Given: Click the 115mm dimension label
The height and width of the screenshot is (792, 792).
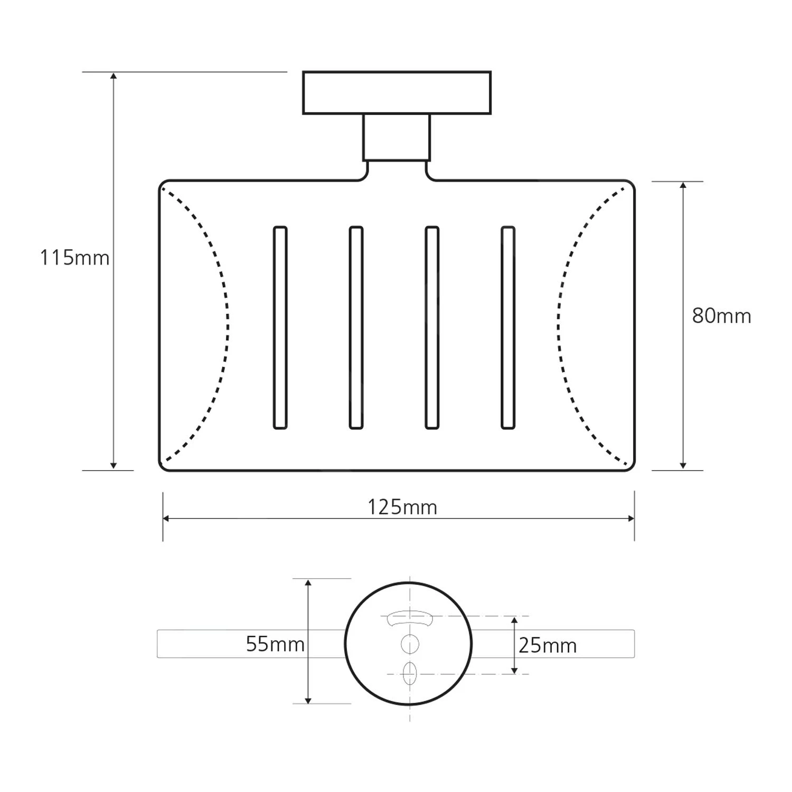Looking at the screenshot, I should pyautogui.click(x=74, y=258).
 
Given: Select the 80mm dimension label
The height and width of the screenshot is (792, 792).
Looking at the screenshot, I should pyautogui.click(x=721, y=316).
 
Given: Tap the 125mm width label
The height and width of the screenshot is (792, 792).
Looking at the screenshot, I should pyautogui.click(x=402, y=507).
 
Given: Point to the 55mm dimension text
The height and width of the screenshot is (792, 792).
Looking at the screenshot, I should pyautogui.click(x=275, y=644).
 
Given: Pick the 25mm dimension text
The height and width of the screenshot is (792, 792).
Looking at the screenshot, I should pyautogui.click(x=548, y=646).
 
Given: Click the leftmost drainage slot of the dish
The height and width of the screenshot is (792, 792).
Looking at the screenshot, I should pyautogui.click(x=280, y=327).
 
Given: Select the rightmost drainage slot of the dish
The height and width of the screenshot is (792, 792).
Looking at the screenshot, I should pyautogui.click(x=508, y=327).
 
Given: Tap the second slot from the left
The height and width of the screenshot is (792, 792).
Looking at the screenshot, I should pyautogui.click(x=356, y=327).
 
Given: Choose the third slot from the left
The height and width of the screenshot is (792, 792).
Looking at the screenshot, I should pyautogui.click(x=432, y=327).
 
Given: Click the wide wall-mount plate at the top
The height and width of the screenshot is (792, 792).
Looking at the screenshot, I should pyautogui.click(x=397, y=93).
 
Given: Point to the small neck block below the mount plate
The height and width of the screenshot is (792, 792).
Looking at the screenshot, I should pyautogui.click(x=397, y=137).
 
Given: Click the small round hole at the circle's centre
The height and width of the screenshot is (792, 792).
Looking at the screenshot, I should pyautogui.click(x=410, y=644).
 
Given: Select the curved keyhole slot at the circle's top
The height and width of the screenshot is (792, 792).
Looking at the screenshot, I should pyautogui.click(x=410, y=618).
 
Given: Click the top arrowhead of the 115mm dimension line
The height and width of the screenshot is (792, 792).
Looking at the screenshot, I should pyautogui.click(x=114, y=76).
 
